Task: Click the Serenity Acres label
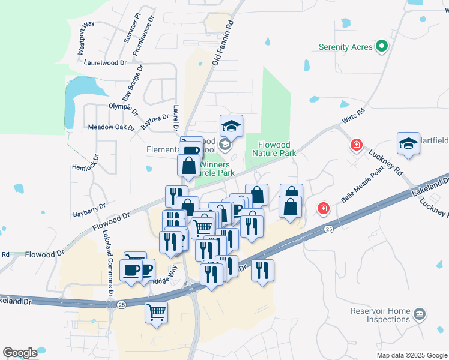(345, 47)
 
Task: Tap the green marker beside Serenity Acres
(381, 47)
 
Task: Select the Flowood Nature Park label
(277, 149)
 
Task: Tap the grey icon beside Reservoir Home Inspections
(420, 313)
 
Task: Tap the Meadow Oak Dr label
(111, 127)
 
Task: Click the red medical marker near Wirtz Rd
(357, 145)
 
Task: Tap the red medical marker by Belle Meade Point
(324, 208)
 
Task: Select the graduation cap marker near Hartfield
(408, 144)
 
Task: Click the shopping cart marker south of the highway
(156, 312)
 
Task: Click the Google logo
(20, 353)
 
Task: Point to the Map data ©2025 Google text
(411, 355)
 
